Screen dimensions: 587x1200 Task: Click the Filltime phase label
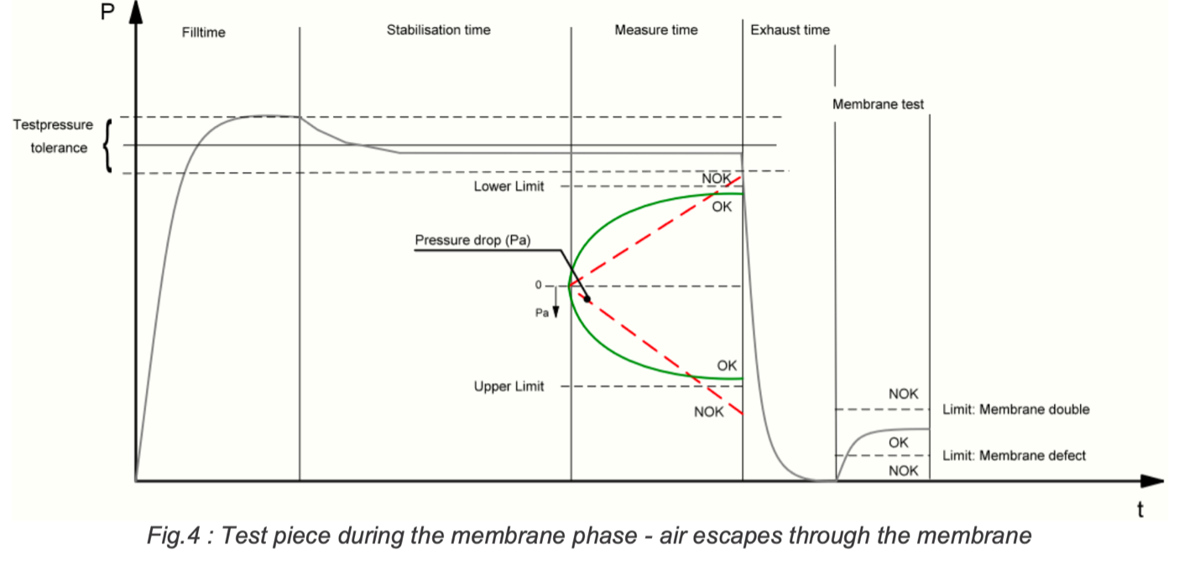tap(203, 33)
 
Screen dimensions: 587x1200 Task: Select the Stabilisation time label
tap(438, 30)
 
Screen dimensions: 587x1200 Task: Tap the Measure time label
tap(655, 30)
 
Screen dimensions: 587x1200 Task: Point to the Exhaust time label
tap(790, 30)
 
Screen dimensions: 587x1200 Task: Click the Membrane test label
tap(878, 105)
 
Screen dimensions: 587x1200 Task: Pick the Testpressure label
tap(54, 125)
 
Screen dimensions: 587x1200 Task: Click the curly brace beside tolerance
tap(107, 145)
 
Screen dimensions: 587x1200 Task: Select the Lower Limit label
tap(509, 186)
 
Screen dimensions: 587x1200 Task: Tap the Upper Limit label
tap(509, 386)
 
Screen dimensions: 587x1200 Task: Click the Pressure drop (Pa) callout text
tap(472, 241)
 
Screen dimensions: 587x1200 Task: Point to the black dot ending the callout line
tap(587, 299)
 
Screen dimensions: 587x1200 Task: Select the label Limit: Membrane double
tap(1015, 410)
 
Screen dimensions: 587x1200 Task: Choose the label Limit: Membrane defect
tap(1014, 456)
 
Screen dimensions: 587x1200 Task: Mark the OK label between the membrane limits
tap(898, 442)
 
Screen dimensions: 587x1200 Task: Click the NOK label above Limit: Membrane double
tap(903, 394)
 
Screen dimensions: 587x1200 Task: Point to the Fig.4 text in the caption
tap(168, 536)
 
